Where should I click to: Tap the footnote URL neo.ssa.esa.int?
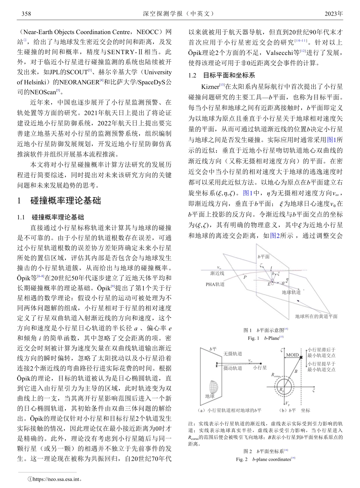(x=55, y=479)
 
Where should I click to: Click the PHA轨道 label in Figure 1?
(x=215, y=284)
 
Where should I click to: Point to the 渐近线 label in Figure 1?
(x=217, y=273)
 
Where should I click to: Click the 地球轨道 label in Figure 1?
(x=291, y=292)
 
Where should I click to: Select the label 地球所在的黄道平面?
(x=316, y=316)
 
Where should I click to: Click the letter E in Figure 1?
(x=269, y=283)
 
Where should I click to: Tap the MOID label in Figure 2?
(x=292, y=355)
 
